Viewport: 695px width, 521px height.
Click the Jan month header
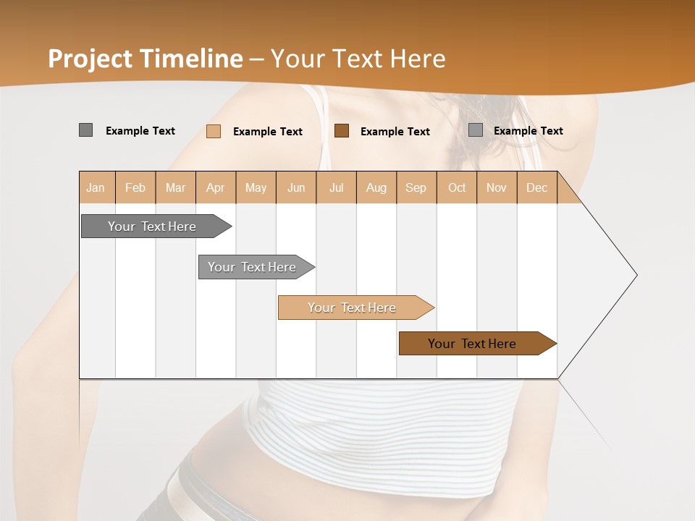[x=96, y=187]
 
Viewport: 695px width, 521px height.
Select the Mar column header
[x=175, y=187]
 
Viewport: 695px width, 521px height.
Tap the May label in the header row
[x=256, y=187]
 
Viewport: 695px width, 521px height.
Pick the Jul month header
[x=336, y=187]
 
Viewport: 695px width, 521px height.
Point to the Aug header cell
[x=376, y=187]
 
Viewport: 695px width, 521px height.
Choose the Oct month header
[x=457, y=187]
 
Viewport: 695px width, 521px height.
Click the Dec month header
[x=536, y=187]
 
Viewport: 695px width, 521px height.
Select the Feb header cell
[x=135, y=187]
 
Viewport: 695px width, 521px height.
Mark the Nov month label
[x=497, y=187]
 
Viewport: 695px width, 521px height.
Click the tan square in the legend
[x=214, y=131]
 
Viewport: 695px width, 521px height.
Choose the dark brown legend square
[x=342, y=131]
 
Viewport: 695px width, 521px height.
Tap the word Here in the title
[x=418, y=59]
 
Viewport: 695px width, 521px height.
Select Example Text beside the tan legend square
[x=267, y=132]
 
